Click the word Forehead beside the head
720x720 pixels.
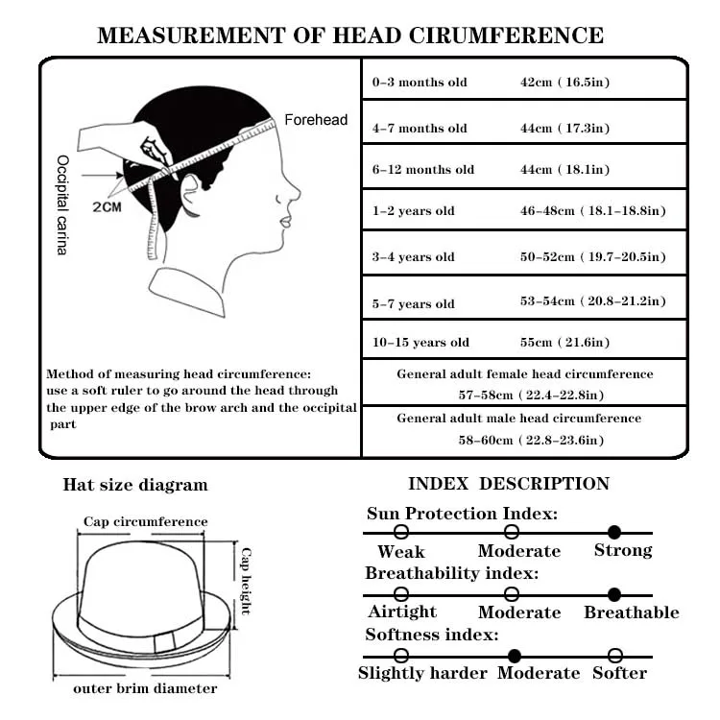316,120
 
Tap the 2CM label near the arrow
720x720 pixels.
107,206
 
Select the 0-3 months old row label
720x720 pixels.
420,83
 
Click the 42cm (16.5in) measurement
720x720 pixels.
564,83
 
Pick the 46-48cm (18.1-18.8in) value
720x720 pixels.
592,211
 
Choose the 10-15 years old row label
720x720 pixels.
420,343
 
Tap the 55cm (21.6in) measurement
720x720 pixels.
564,343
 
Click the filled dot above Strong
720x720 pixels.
614,532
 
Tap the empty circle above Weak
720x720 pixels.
401,532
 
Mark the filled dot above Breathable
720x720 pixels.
614,594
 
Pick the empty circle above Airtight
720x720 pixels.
401,594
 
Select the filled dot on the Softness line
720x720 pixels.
515,656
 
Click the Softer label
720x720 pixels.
619,673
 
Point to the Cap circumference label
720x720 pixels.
145,522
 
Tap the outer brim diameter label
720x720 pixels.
146,688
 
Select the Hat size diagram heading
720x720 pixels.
134,485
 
